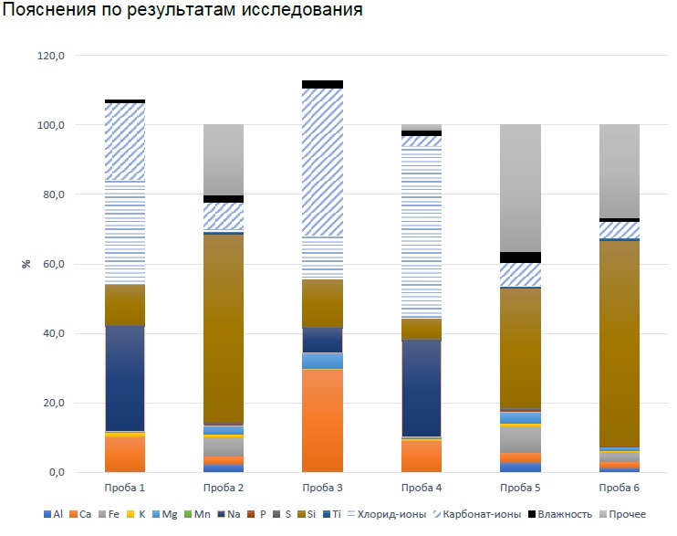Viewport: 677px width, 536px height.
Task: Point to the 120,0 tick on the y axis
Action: [53, 56]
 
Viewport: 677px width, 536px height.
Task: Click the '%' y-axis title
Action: [27, 264]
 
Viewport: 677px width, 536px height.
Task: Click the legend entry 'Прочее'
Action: [626, 514]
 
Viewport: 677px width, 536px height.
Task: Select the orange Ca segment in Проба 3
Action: [322, 420]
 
